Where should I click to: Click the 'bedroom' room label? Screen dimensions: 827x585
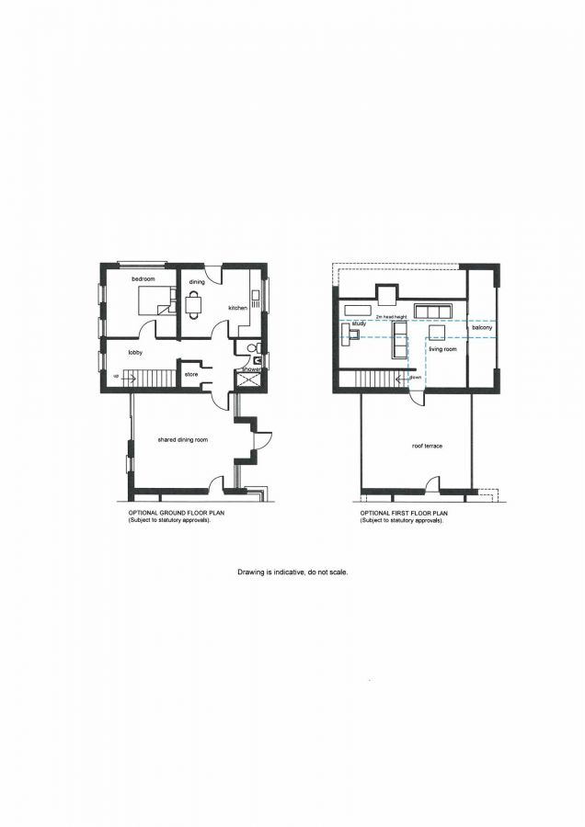pos(142,278)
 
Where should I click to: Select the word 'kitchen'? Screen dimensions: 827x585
pos(238,308)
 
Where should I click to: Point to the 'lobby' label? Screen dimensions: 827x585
pos(134,352)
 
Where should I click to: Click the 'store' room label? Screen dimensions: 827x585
pos(192,374)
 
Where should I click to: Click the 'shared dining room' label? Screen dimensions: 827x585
pos(183,440)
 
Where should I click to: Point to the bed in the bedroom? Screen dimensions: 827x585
pos(154,300)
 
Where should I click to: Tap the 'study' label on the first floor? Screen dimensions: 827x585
pos(359,323)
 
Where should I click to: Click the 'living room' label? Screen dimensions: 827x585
pos(442,349)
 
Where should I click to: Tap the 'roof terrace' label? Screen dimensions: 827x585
pos(427,446)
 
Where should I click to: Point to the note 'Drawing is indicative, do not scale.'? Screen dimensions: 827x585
pos(292,572)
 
